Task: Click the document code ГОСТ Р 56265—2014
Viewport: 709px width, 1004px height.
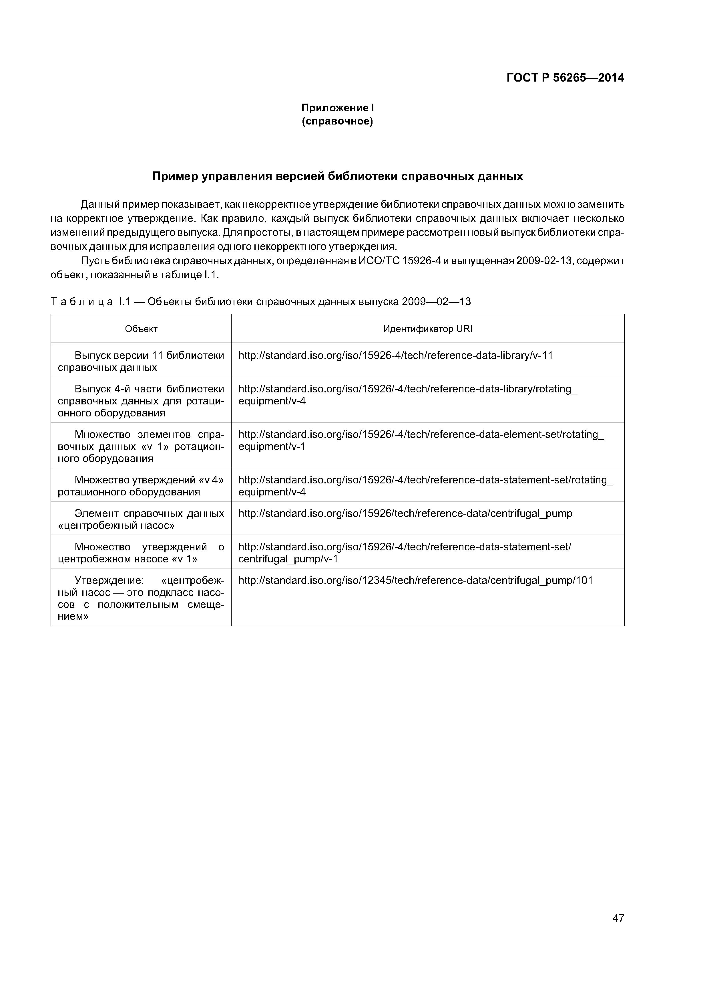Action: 565,78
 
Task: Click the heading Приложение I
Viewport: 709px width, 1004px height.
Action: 337,108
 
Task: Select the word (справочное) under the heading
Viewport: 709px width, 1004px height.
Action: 337,121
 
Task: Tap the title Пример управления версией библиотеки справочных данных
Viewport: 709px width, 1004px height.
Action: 337,176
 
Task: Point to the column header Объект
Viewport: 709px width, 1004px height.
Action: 141,329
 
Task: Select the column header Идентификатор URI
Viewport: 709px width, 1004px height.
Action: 428,329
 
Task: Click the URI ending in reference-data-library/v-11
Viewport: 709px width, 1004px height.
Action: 395,355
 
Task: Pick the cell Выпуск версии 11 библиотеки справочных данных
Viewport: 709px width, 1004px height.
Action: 141,361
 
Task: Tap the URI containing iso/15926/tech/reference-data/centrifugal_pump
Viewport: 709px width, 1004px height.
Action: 405,513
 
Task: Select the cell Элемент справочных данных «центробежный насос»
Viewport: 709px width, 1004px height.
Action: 141,519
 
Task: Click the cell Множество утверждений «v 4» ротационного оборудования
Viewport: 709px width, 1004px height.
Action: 141,486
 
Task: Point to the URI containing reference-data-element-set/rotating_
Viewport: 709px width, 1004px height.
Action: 421,435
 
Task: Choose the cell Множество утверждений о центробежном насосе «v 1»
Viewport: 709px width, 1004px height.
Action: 141,553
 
